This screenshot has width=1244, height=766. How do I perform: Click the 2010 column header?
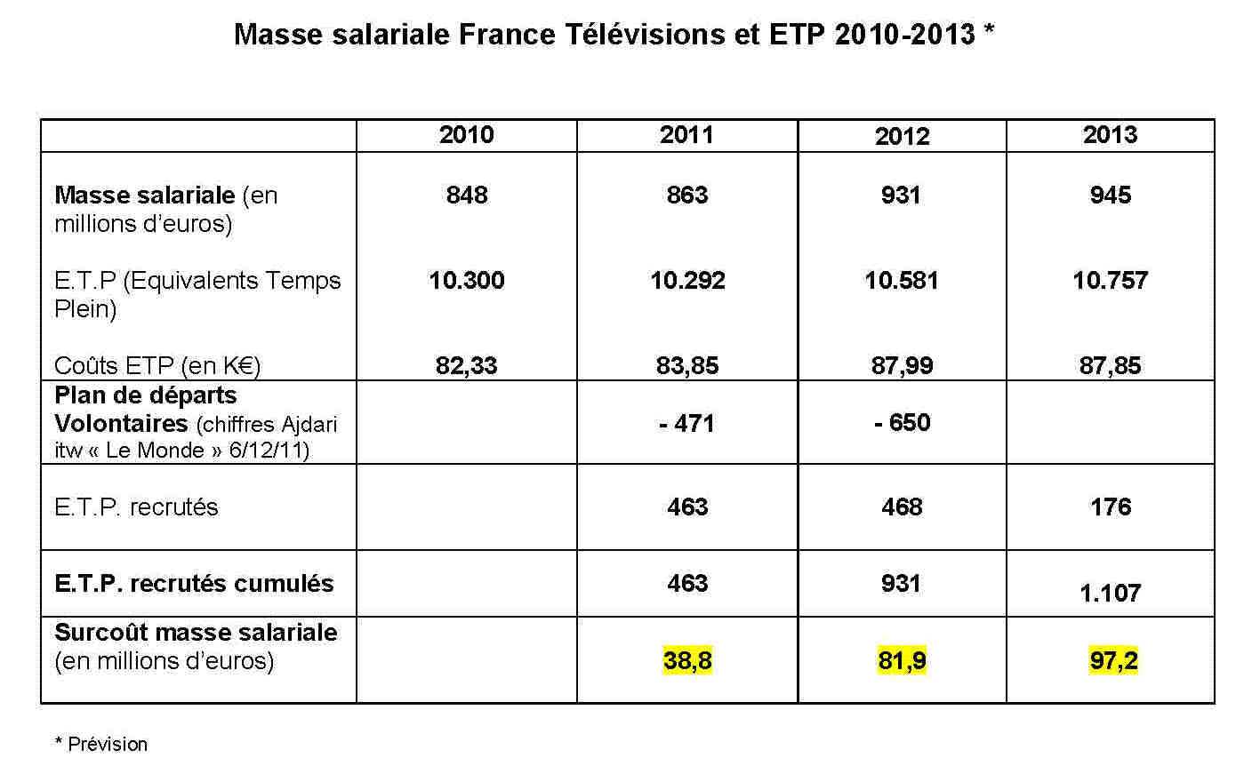click(x=466, y=135)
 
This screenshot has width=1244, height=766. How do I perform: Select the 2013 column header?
click(x=1110, y=135)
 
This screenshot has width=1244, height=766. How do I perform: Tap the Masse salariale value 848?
click(x=466, y=195)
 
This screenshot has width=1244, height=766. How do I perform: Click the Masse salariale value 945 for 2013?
click(x=1110, y=195)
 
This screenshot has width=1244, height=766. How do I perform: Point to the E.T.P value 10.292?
click(x=687, y=281)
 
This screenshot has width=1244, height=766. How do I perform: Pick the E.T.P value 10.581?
click(x=902, y=281)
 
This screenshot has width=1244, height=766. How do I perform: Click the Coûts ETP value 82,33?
click(x=466, y=365)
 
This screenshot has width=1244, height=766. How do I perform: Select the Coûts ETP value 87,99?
click(x=902, y=365)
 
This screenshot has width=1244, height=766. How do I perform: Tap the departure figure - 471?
click(x=687, y=423)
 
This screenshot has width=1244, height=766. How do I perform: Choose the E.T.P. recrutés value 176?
click(x=1110, y=507)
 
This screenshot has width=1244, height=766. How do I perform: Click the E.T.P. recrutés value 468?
click(x=902, y=507)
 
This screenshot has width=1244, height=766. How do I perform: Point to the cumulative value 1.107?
click(x=1110, y=593)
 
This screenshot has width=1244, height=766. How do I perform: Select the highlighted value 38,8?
click(x=687, y=661)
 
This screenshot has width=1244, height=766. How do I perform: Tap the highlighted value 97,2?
click(x=1113, y=661)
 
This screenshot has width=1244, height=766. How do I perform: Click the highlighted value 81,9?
click(x=902, y=661)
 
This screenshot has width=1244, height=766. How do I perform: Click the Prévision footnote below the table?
click(x=107, y=744)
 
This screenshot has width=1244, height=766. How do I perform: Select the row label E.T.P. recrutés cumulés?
click(x=194, y=584)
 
